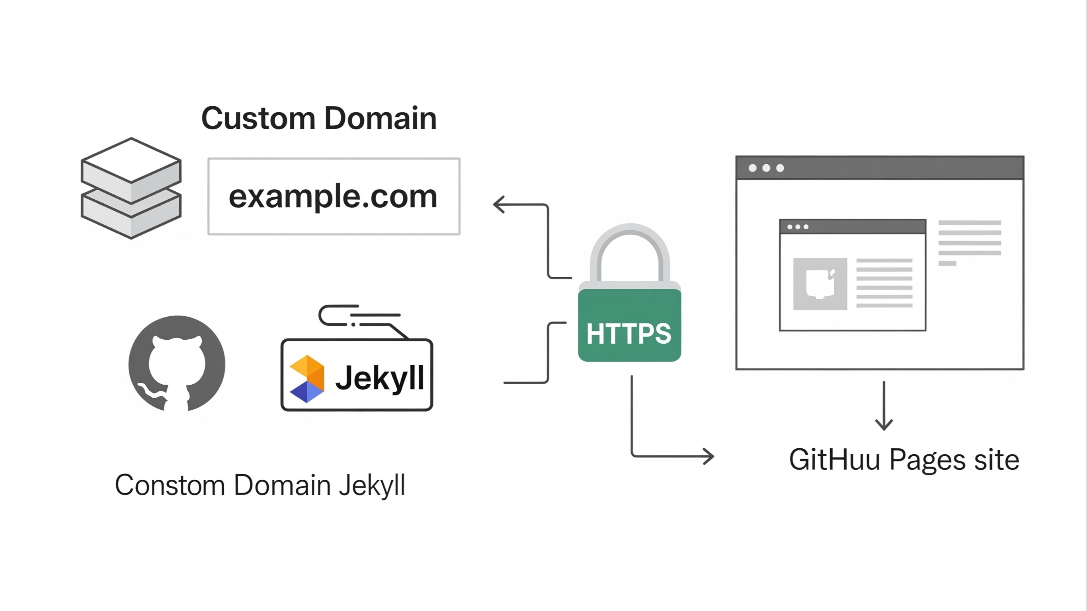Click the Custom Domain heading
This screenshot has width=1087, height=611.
[x=319, y=118]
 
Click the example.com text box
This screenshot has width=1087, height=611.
[x=334, y=197]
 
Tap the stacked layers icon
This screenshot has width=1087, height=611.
[x=131, y=188]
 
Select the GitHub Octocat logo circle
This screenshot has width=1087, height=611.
[x=177, y=364]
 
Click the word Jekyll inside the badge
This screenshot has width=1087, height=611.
[x=379, y=378]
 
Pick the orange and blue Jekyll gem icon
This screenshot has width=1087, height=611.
[x=307, y=379]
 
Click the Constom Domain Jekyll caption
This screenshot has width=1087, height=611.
[x=260, y=485]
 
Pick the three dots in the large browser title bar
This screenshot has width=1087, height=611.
[x=766, y=168]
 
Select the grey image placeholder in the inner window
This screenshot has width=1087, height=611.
[x=820, y=284]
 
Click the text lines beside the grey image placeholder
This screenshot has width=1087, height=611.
[x=884, y=283]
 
